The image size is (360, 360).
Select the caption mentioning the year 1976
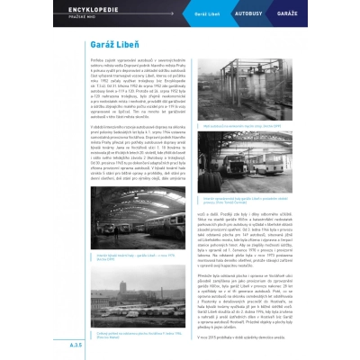(112, 256)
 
